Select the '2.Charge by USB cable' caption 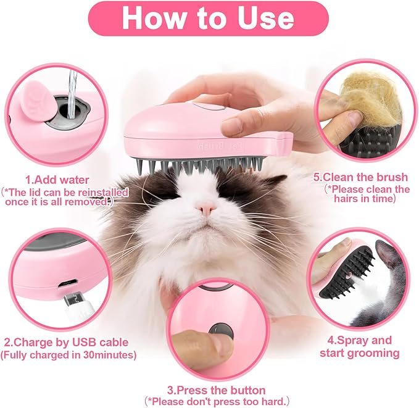tap(66, 341)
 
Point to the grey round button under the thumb tap(220, 331)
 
